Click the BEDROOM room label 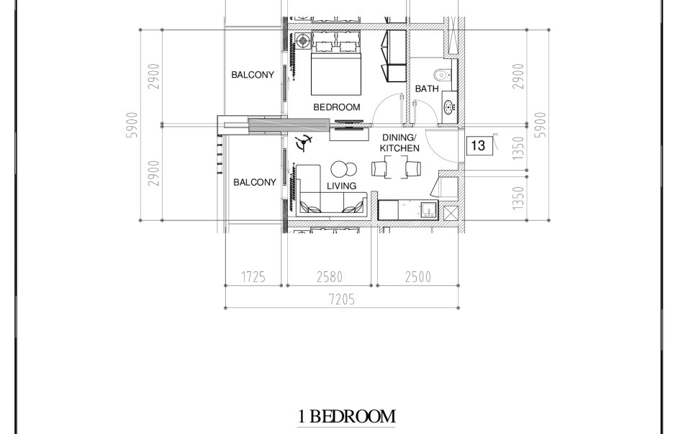[336, 107]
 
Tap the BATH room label [427, 89]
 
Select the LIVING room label [342, 186]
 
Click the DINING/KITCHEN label [399, 143]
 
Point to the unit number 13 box [478, 145]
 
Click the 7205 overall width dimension [342, 299]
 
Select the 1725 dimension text [253, 276]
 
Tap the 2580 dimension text [330, 276]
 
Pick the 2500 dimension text [418, 276]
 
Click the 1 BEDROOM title [346, 416]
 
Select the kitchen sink [428, 210]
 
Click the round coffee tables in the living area [344, 169]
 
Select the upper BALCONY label [253, 75]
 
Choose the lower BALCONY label [255, 182]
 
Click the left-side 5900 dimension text [132, 125]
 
